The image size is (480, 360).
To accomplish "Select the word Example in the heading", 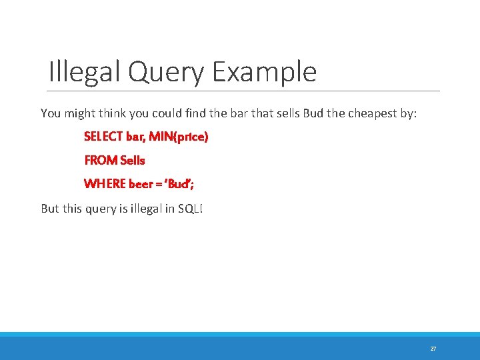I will tap(265, 71).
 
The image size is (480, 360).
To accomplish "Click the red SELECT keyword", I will tap(103, 137).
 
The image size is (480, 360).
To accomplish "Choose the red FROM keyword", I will tap(99, 160).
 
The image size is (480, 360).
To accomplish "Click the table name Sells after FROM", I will tap(133, 160).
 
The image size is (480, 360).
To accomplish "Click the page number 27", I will tap(433, 349).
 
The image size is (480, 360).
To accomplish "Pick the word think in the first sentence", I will tap(109, 113).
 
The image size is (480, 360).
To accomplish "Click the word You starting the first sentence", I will tap(51, 113).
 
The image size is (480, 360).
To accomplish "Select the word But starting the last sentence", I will tap(50, 209).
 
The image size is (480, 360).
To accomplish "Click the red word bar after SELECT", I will tap(136, 137).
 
